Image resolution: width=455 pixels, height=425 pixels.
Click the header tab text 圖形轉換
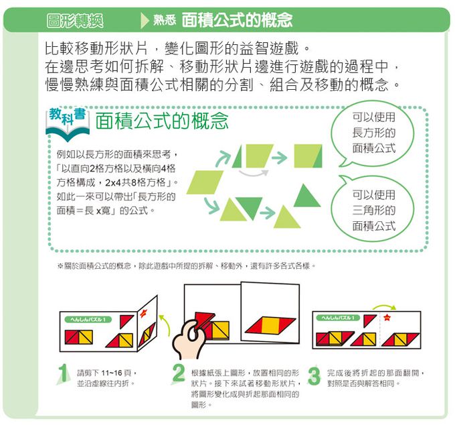coord(75,20)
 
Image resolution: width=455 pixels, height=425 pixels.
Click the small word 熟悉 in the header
coord(165,21)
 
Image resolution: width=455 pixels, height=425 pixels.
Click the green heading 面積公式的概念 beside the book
coord(162,121)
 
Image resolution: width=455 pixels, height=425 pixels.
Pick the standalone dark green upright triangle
coord(307,195)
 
